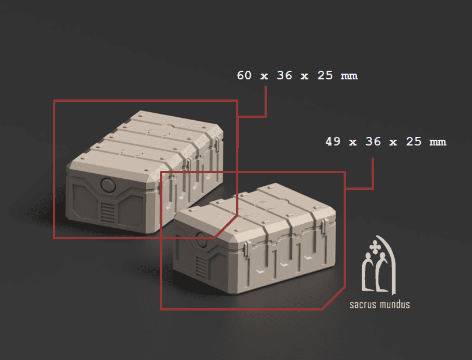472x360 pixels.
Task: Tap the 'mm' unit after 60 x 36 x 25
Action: point(349,75)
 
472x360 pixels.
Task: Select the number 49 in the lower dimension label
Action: point(333,141)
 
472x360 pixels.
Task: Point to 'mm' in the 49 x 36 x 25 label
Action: point(437,141)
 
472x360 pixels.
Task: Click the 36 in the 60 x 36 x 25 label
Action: point(284,75)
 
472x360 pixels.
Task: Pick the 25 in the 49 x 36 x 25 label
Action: point(413,141)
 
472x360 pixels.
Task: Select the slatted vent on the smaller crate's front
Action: point(200,266)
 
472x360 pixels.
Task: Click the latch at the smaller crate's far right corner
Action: point(329,229)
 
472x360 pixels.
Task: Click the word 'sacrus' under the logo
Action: point(366,304)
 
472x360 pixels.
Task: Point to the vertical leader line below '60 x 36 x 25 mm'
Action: point(265,101)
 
